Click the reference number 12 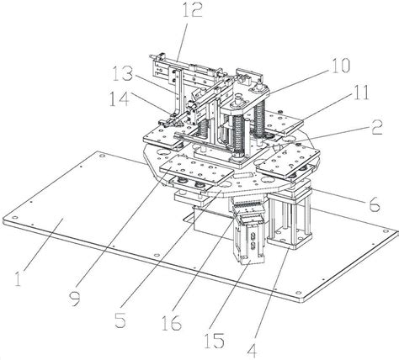[x=193, y=10]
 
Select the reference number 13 [x=122, y=73]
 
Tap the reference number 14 [x=119, y=99]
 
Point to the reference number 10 [x=341, y=66]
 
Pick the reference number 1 [x=18, y=279]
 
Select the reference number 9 [x=75, y=298]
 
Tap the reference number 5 [x=120, y=320]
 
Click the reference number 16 [x=172, y=323]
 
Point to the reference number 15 [x=215, y=341]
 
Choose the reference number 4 [x=252, y=351]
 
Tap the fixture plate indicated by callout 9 [x=196, y=169]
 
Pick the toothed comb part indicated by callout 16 [x=248, y=207]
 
